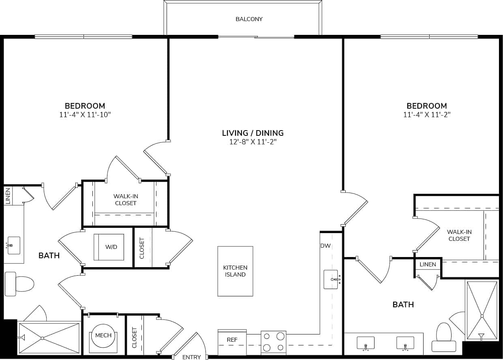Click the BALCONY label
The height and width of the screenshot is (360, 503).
pyautogui.click(x=249, y=19)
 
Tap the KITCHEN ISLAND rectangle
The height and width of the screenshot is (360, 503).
pyautogui.click(x=235, y=271)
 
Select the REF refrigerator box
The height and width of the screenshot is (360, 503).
pyautogui.click(x=232, y=340)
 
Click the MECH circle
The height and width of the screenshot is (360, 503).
pyautogui.click(x=103, y=335)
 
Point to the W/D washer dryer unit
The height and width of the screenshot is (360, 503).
pyautogui.click(x=109, y=247)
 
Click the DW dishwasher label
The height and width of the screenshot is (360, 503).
pyautogui.click(x=325, y=246)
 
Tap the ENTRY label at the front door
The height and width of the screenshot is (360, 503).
pyautogui.click(x=191, y=357)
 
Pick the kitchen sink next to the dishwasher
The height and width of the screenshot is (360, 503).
pyautogui.click(x=331, y=279)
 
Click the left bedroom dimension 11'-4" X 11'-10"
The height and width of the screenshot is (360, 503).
pyautogui.click(x=85, y=115)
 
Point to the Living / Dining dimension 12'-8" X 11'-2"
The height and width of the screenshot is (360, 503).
pyautogui.click(x=253, y=142)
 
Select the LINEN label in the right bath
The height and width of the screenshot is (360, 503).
pyautogui.click(x=428, y=264)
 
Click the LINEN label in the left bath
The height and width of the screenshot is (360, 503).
pyautogui.click(x=8, y=196)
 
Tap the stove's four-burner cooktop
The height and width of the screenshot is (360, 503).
pyautogui.click(x=273, y=342)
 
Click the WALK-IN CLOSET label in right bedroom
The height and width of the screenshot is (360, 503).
pyautogui.click(x=459, y=235)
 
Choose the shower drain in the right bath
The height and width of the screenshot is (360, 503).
pyautogui.click(x=482, y=316)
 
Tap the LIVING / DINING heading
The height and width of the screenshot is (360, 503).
pyautogui.click(x=253, y=133)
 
